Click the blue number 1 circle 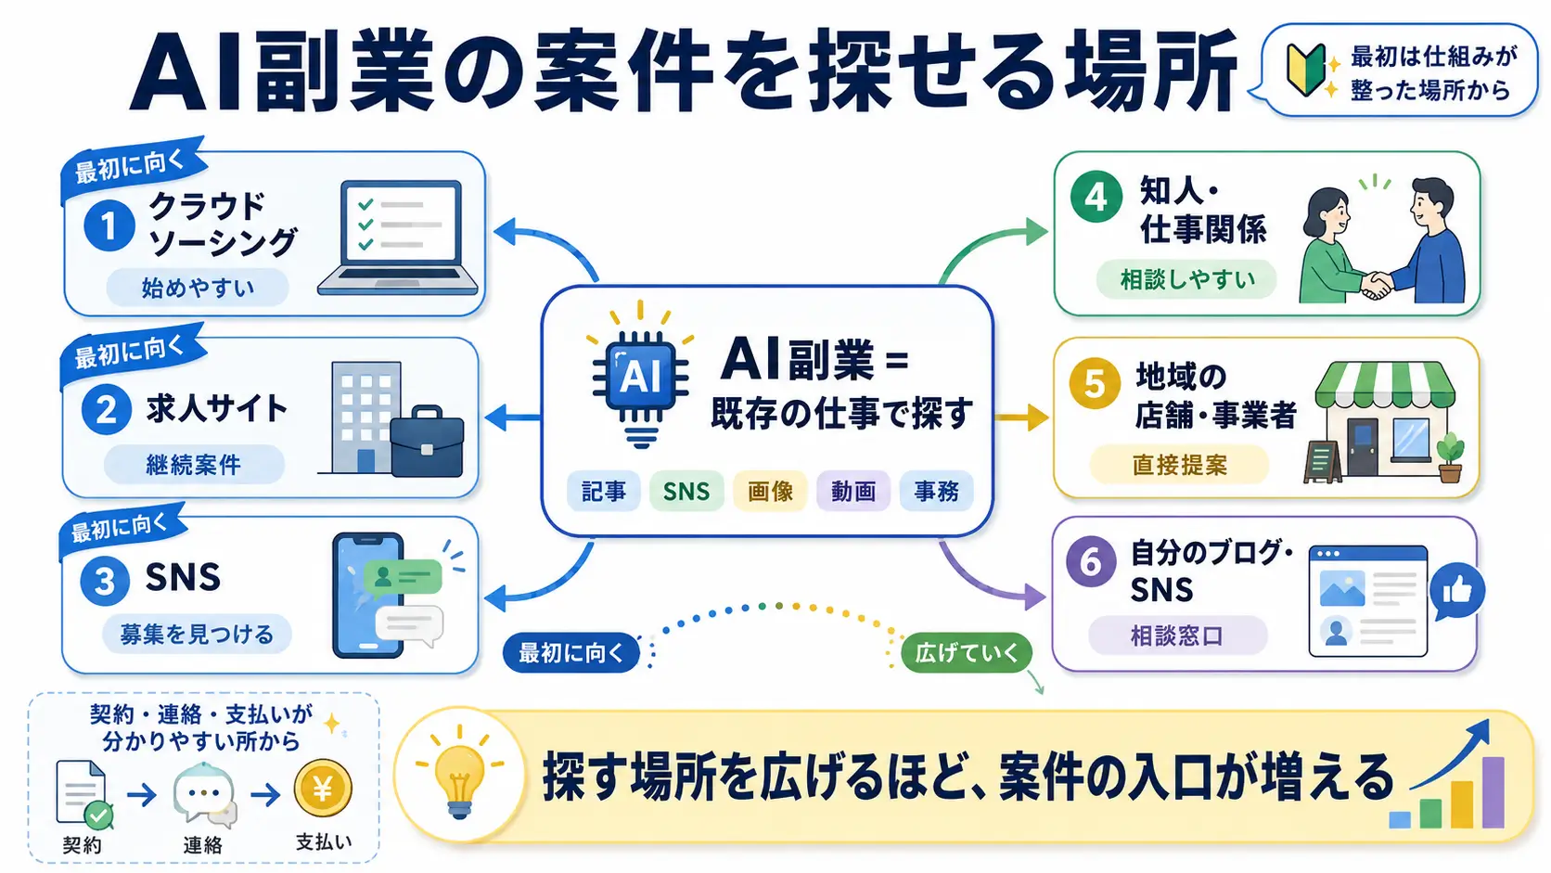[x=109, y=225]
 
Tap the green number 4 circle [x=1096, y=197]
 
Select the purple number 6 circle [x=1091, y=561]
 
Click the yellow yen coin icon [x=323, y=789]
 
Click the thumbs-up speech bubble [x=1457, y=591]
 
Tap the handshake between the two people [x=1378, y=284]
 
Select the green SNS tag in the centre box [x=686, y=492]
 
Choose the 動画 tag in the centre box [x=853, y=492]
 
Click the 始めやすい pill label [x=198, y=288]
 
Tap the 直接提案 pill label [x=1180, y=465]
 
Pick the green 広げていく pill [x=967, y=652]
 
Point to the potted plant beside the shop [x=1450, y=457]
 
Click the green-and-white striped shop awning [x=1385, y=385]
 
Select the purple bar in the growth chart [x=1493, y=792]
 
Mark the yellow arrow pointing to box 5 [x=1021, y=417]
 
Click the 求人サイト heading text [x=217, y=408]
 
